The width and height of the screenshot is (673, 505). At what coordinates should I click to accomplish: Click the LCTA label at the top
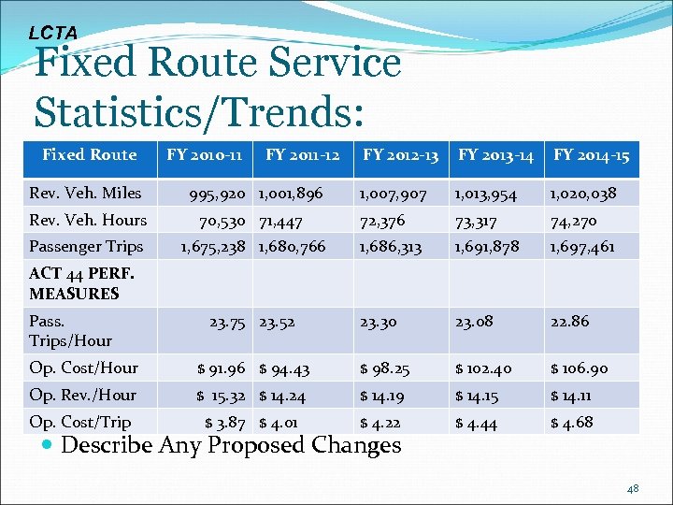click(x=52, y=33)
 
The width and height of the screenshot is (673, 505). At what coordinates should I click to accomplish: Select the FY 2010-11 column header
click(x=205, y=155)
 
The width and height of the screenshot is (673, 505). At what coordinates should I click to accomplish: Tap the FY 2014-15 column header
click(x=591, y=155)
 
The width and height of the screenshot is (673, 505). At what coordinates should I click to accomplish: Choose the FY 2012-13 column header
click(x=400, y=155)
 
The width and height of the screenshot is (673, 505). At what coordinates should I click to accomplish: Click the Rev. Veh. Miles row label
click(x=85, y=194)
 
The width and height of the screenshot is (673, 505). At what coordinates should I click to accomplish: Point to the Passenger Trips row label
click(x=86, y=247)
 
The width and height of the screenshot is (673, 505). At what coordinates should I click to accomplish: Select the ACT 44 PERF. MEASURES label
click(x=81, y=284)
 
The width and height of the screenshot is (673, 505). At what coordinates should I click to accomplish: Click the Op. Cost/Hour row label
click(x=83, y=368)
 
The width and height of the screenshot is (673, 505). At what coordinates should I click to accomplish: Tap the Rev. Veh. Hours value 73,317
click(x=476, y=222)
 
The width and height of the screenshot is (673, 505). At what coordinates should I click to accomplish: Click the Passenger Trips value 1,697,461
click(x=583, y=248)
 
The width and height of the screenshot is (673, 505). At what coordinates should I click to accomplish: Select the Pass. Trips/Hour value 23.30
click(x=379, y=322)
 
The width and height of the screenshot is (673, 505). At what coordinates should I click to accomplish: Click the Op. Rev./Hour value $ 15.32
click(x=220, y=396)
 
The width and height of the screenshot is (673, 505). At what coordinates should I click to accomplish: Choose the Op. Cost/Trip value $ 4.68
click(x=571, y=423)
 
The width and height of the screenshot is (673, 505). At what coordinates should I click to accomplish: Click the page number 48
click(x=632, y=488)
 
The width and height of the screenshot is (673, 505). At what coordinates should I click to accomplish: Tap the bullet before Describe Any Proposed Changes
click(x=48, y=445)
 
